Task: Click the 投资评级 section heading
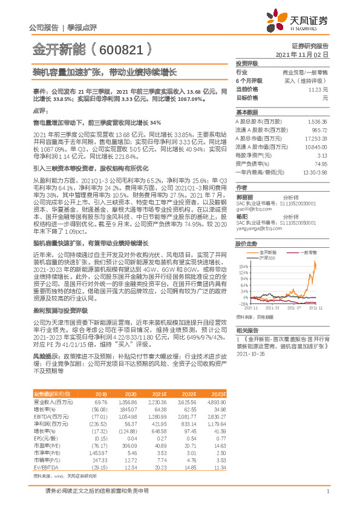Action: tap(246, 63)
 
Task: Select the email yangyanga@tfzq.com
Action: tap(258, 229)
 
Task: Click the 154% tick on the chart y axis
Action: tap(242, 266)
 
